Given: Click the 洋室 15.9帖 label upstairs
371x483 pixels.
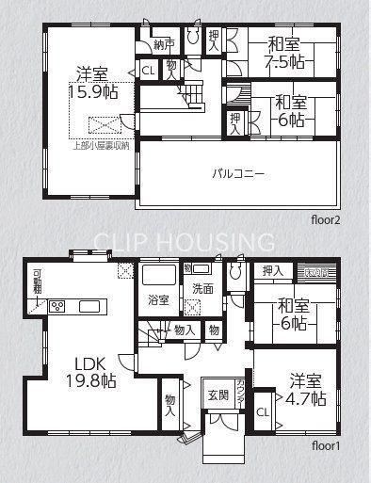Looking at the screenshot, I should pyautogui.click(x=90, y=83).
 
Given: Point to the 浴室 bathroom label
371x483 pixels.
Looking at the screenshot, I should pyautogui.click(x=158, y=300).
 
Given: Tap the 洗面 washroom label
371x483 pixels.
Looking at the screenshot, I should pyautogui.click(x=203, y=288).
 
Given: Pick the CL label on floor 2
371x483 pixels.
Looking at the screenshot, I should pyautogui.click(x=149, y=69).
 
